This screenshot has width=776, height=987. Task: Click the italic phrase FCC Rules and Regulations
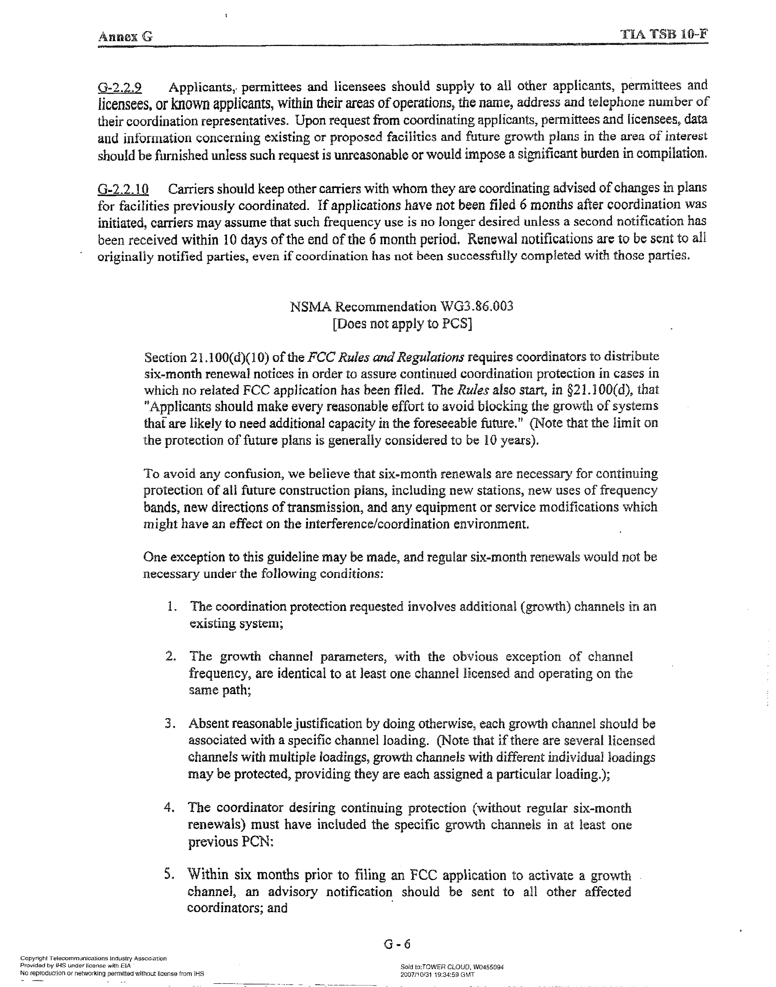[x=386, y=357]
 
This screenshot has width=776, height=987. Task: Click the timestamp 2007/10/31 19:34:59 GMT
[x=437, y=974]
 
